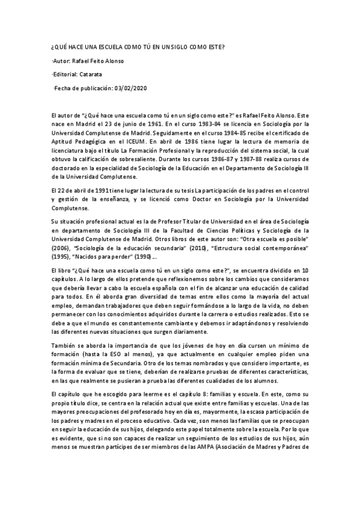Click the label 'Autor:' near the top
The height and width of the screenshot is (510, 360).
pos(62,61)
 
